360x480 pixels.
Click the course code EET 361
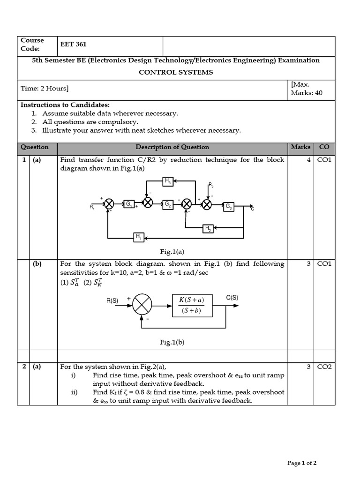[x=74, y=45]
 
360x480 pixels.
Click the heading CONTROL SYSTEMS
[x=176, y=72]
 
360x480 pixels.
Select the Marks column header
[x=300, y=147]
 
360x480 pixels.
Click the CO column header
[x=324, y=147]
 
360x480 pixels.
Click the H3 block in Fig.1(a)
[x=168, y=180]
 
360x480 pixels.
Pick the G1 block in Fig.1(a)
[x=129, y=204]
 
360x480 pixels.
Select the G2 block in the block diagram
[x=167, y=204]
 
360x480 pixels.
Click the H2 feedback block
[x=208, y=228]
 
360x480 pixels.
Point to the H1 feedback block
[x=139, y=237]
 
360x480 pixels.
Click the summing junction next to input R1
[x=109, y=204]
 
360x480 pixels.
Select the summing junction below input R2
[x=207, y=204]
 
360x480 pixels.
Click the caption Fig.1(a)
[x=172, y=252]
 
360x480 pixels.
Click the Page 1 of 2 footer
[x=302, y=463]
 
